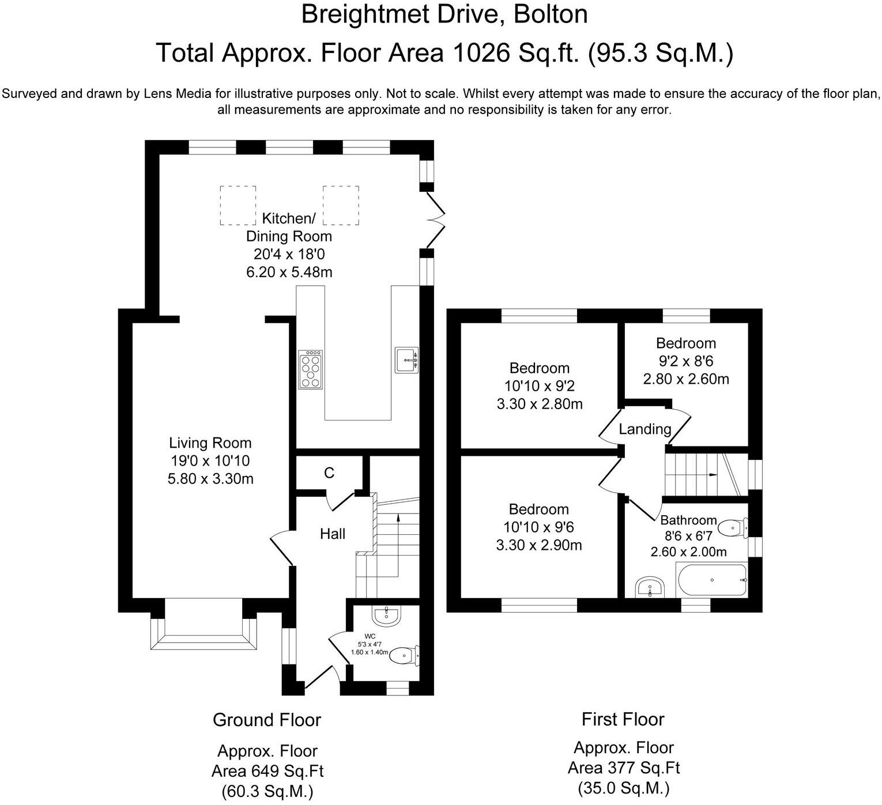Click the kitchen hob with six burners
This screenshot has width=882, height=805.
click(310, 369)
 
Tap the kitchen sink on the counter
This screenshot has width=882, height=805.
click(407, 360)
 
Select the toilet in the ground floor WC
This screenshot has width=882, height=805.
click(404, 655)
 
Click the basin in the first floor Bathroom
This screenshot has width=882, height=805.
click(651, 588)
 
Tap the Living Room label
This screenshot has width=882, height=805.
click(210, 443)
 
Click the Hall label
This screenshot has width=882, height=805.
click(333, 534)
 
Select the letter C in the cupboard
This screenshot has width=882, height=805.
click(329, 473)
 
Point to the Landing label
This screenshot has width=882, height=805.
click(645, 429)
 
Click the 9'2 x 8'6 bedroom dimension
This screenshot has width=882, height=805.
click(686, 361)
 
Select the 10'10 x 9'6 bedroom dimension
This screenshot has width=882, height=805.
click(539, 527)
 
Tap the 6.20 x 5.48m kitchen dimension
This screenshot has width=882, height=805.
click(289, 272)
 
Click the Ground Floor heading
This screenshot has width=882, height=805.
click(267, 720)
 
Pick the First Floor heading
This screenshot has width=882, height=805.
click(623, 719)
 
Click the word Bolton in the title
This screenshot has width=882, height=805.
click(551, 14)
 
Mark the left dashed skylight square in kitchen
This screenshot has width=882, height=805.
click(238, 205)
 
